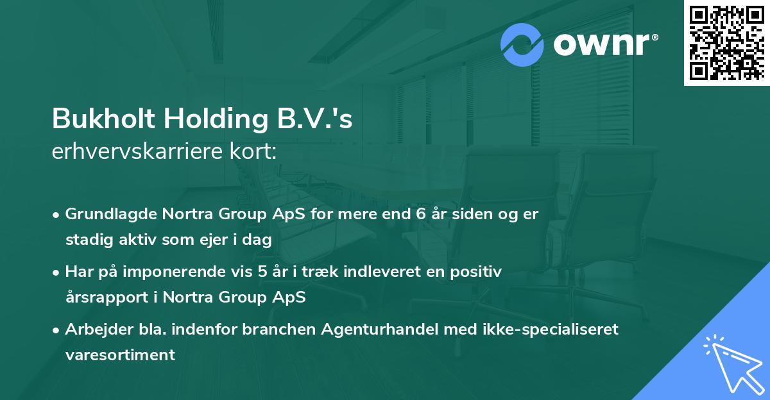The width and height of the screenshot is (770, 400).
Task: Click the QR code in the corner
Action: pos(726,42)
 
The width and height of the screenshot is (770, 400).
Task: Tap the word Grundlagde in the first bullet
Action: pos(104,214)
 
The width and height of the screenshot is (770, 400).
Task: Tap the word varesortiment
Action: pos(120,355)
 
